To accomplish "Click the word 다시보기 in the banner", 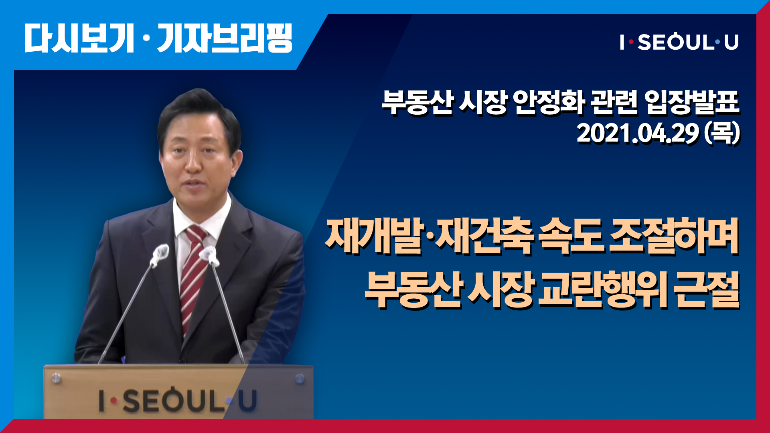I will click(x=79, y=38).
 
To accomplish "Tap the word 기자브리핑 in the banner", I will click(x=225, y=38).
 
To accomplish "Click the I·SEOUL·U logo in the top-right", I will click(x=679, y=42).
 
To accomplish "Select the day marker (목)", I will click(x=722, y=134).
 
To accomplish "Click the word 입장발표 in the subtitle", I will click(x=692, y=102).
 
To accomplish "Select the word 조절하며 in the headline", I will click(x=674, y=237).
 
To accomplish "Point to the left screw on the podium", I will click(x=56, y=378).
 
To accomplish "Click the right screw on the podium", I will click(x=300, y=378).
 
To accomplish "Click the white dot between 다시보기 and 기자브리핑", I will click(x=146, y=38).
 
